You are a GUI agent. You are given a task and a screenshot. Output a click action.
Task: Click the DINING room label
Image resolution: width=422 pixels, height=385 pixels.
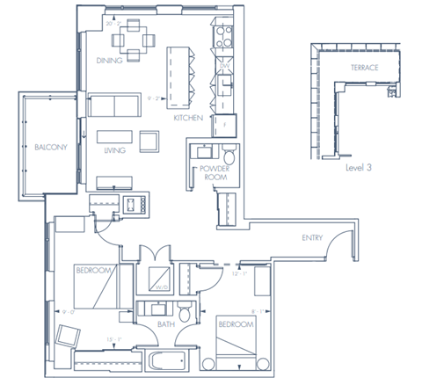point(110,62)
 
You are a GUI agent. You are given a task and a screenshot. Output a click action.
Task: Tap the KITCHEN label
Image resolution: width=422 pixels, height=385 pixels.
point(188,117)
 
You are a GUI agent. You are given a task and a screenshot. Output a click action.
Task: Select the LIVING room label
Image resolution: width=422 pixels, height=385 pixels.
point(114,151)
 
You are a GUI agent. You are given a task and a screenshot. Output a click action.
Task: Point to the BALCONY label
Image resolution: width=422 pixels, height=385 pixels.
point(50,147)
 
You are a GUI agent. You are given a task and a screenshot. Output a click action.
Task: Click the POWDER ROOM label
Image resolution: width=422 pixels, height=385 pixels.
point(214,171)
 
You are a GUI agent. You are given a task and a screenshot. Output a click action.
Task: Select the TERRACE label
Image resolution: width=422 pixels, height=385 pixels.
point(364,68)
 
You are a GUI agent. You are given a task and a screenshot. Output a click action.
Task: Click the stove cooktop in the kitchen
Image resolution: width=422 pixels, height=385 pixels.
point(222,38)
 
